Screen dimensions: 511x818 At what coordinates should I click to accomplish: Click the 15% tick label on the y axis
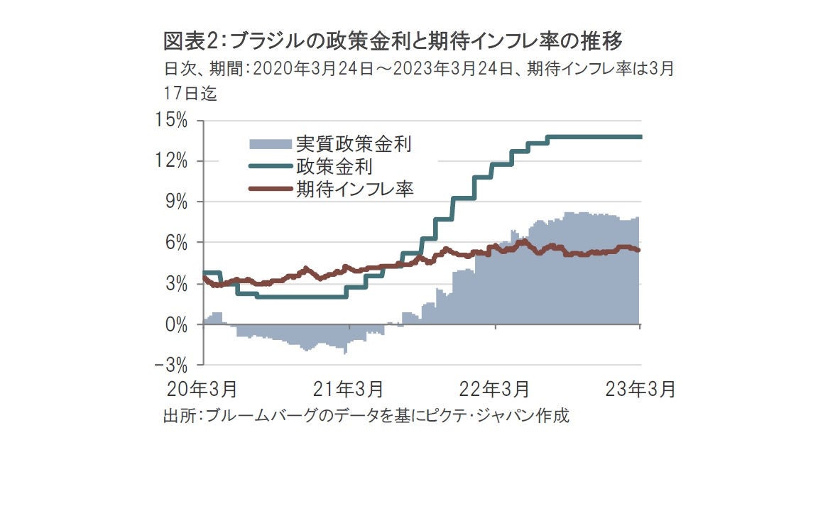(173, 121)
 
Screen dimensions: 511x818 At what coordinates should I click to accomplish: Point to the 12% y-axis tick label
(173, 162)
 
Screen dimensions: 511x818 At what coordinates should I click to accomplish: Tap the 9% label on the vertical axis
(177, 202)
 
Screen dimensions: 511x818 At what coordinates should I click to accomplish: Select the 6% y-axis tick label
(177, 243)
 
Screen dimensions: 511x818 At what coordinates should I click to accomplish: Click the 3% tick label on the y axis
(177, 284)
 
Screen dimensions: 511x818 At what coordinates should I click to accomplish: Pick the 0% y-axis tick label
(177, 325)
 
